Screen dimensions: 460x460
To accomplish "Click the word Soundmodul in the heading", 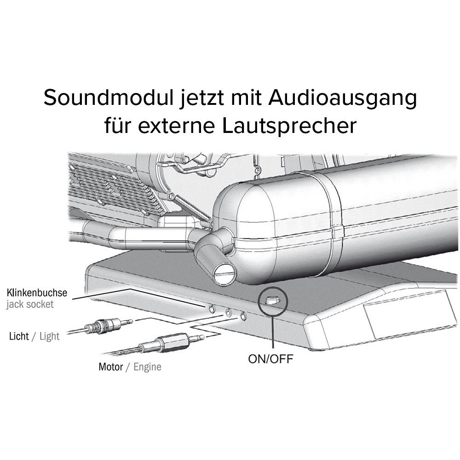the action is [109, 98].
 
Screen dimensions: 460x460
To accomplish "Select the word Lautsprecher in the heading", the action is [289, 125].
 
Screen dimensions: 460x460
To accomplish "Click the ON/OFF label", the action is [270, 359].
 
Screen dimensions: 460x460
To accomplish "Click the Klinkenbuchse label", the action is [37, 293].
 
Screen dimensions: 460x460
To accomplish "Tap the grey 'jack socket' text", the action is [30, 304].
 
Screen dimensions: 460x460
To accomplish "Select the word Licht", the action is [19, 336].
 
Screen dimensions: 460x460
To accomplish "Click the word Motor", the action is [110, 367].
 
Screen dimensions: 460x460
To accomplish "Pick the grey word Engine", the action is [147, 367].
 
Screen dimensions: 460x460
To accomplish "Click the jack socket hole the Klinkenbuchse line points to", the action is [212, 308].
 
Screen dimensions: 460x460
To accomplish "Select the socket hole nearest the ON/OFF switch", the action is [243, 316].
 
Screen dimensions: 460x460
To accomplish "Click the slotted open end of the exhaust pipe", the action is [225, 273].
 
